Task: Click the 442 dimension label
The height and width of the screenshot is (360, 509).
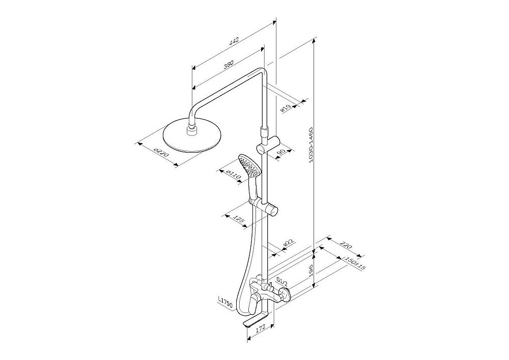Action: tap(234, 41)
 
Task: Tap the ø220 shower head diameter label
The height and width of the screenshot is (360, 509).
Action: tap(161, 153)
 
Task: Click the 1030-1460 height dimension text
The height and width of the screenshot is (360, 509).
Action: tap(310, 145)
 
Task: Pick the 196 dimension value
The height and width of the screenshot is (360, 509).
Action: tap(310, 269)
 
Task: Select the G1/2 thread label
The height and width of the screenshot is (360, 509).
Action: tap(282, 280)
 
